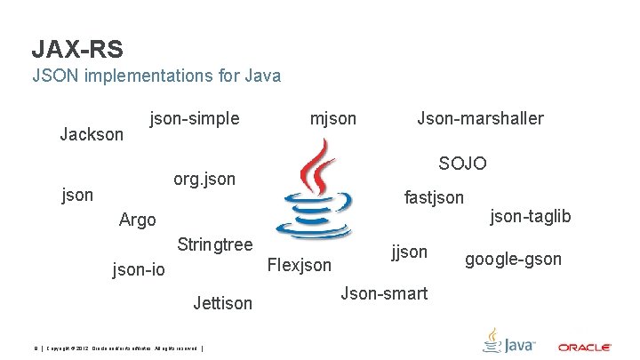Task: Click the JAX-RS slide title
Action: pyautogui.click(x=76, y=48)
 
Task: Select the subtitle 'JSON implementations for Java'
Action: pyautogui.click(x=156, y=76)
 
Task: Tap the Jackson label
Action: pyautogui.click(x=92, y=134)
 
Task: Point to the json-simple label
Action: pyautogui.click(x=195, y=117)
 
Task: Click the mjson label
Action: pyautogui.click(x=332, y=117)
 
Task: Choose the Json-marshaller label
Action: pyautogui.click(x=480, y=117)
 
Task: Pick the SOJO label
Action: pyautogui.click(x=462, y=164)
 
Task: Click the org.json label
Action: pyautogui.click(x=204, y=179)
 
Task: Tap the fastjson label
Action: pyautogui.click(x=434, y=196)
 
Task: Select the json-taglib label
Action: pyautogui.click(x=531, y=216)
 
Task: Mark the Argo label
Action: pyautogui.click(x=138, y=220)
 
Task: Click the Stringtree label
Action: pyautogui.click(x=215, y=244)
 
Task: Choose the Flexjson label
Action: pyautogui.click(x=299, y=265)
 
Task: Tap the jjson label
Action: pyautogui.click(x=410, y=252)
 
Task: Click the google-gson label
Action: pyautogui.click(x=513, y=259)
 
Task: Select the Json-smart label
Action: pyautogui.click(x=383, y=292)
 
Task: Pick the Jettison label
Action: pyautogui.click(x=222, y=304)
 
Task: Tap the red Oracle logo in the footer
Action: pyautogui.click(x=584, y=346)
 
